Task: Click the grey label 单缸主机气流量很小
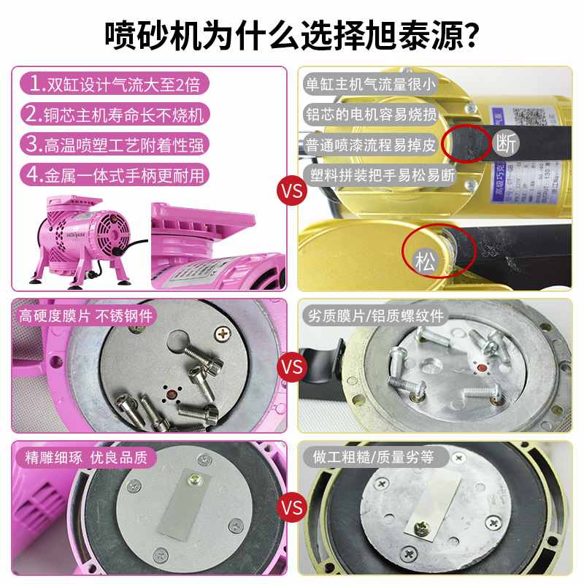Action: (x=369, y=84)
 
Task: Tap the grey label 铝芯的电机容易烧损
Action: (x=369, y=115)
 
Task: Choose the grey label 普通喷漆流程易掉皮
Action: (x=369, y=145)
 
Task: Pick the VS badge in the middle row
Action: (x=291, y=366)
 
